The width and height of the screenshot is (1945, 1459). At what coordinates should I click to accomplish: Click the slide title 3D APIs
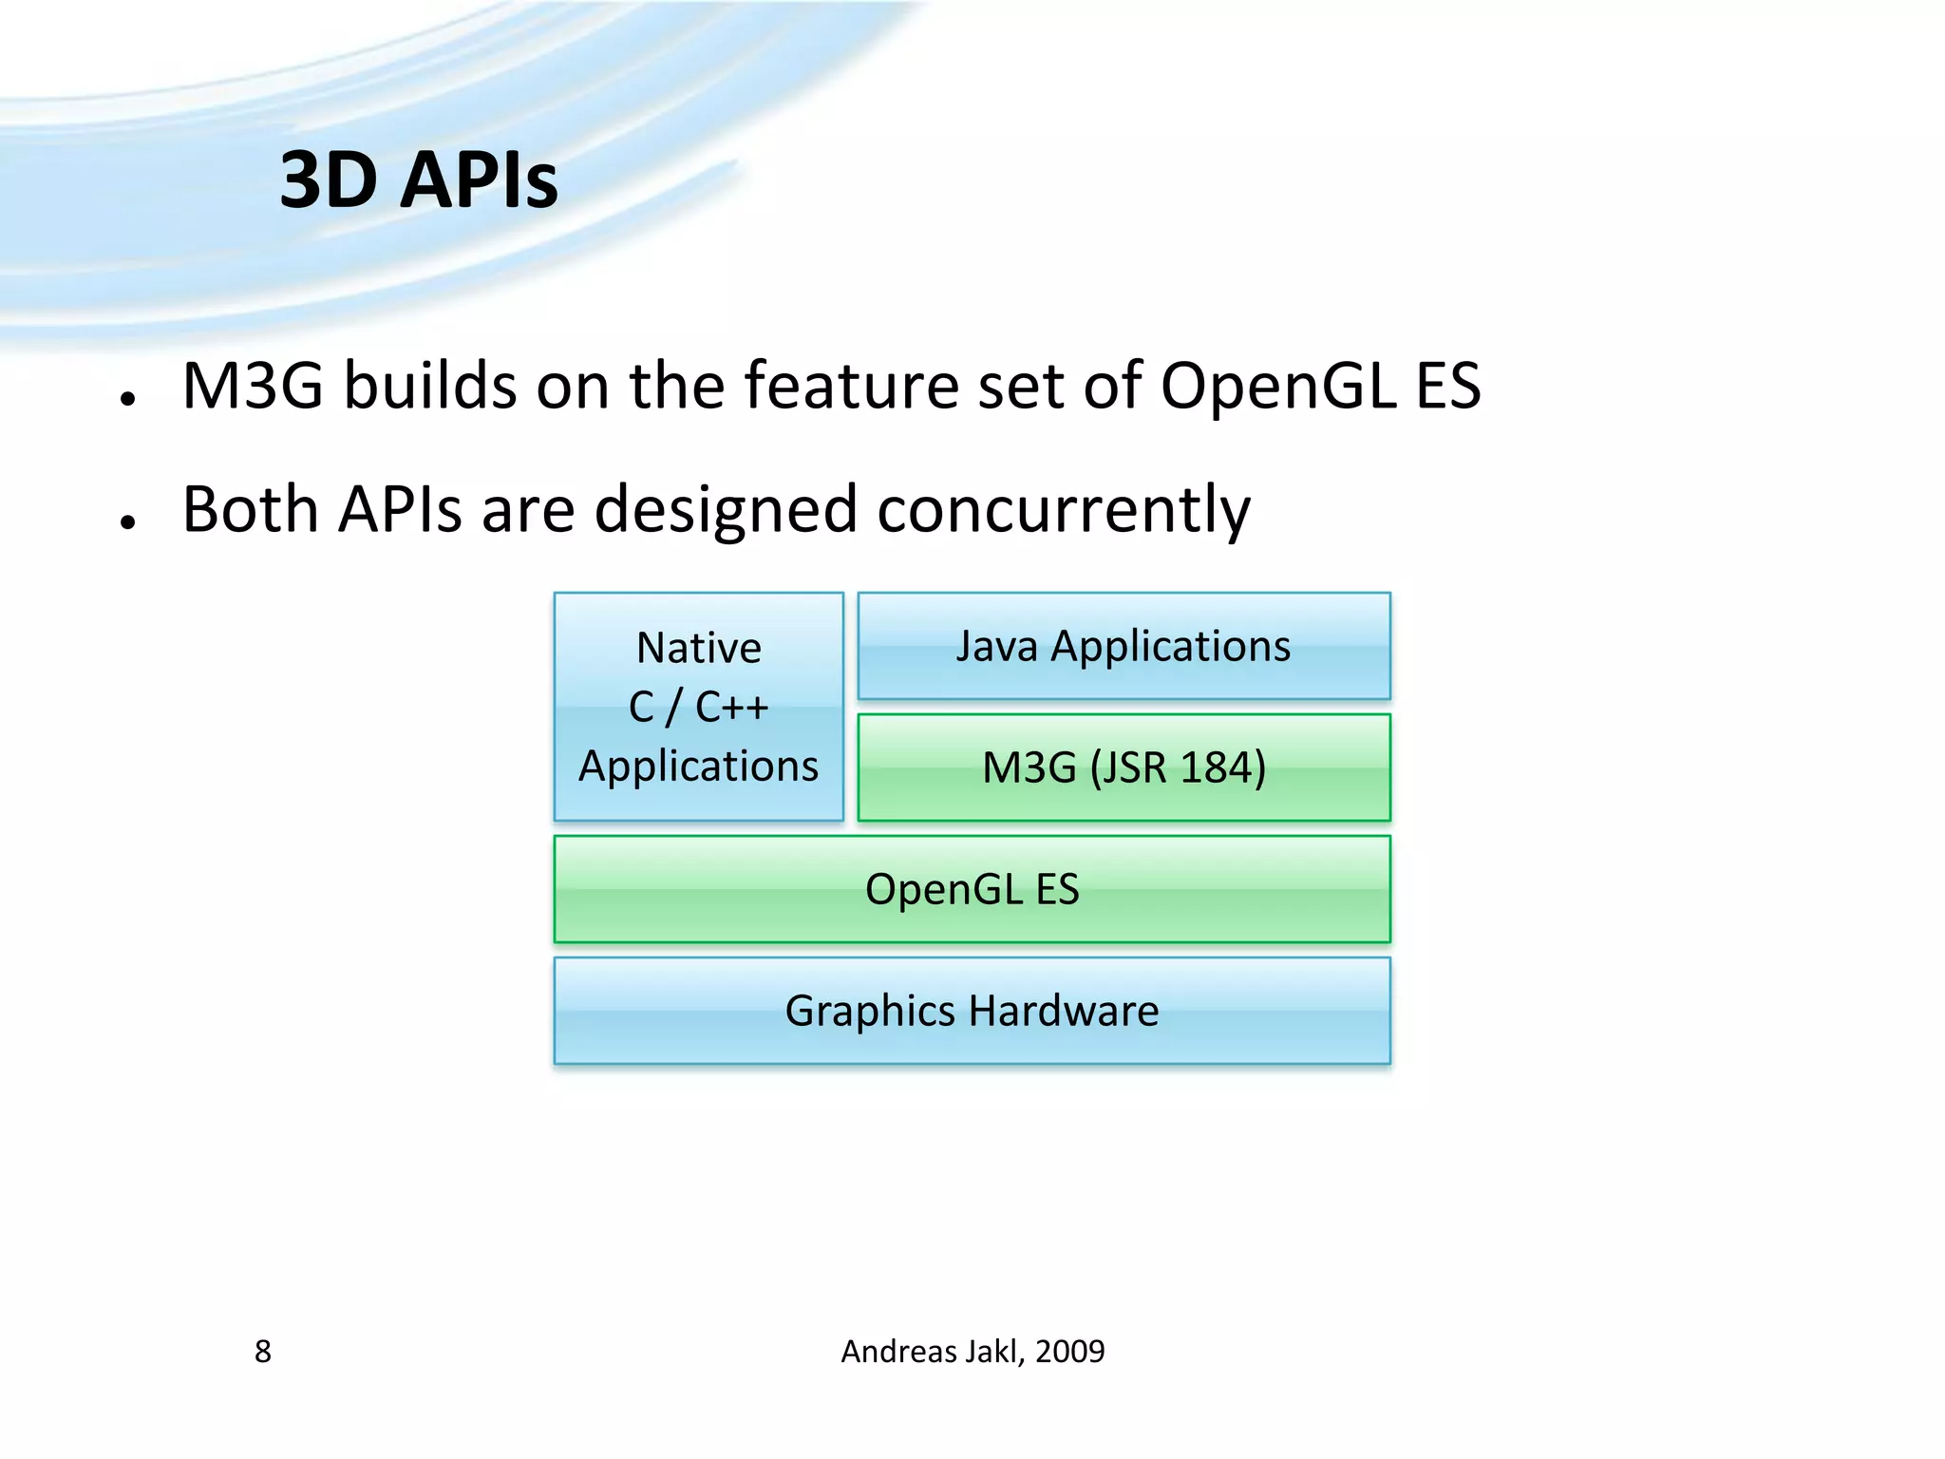point(418,180)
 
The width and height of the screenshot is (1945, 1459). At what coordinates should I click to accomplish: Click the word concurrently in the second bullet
point(1063,510)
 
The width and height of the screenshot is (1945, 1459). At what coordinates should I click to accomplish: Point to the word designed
point(726,510)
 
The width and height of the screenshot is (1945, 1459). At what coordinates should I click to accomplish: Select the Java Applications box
point(1124,646)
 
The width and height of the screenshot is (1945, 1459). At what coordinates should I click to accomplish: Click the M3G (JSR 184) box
point(1124,767)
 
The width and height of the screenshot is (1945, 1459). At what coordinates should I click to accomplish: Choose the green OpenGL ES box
point(972,889)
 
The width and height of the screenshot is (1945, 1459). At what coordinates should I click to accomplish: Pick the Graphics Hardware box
point(972,1011)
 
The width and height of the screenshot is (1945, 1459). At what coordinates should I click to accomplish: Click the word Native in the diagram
point(698,649)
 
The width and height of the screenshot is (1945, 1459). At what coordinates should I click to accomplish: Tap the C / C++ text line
point(698,708)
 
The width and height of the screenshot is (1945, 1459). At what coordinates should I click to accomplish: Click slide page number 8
point(263,1352)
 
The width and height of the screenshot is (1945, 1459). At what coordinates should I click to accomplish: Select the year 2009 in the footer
point(1069,1352)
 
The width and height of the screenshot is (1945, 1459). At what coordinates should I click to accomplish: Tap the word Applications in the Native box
point(698,767)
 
